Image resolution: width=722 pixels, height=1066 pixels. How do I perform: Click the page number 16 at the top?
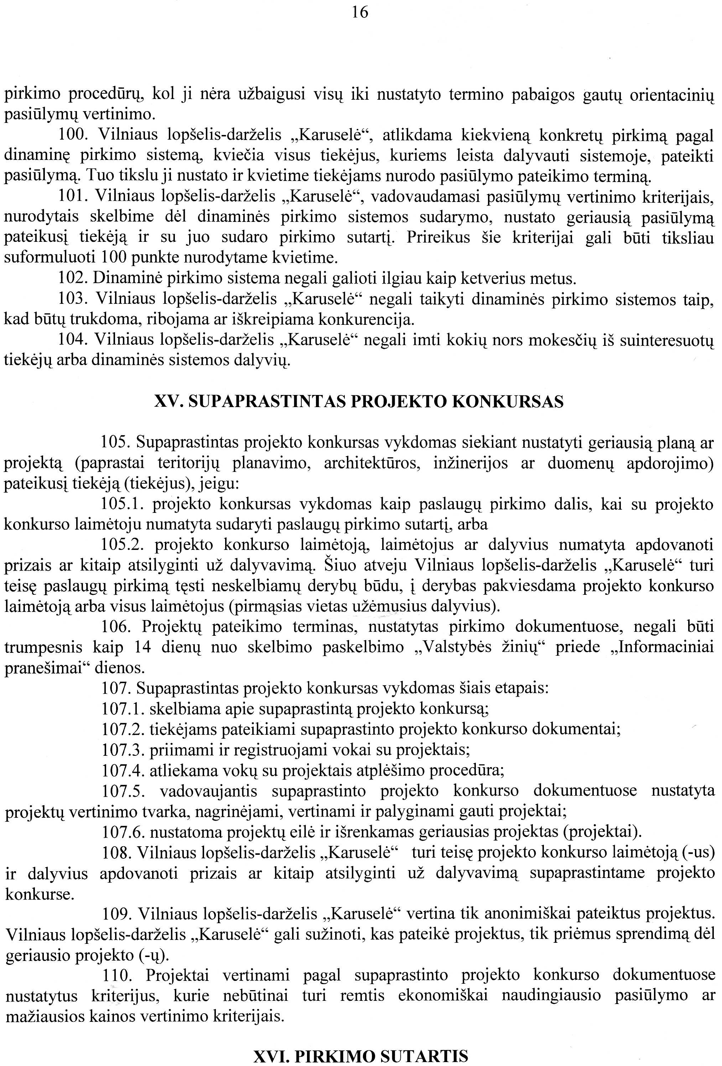click(x=360, y=12)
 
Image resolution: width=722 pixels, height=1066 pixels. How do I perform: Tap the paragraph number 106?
click(x=116, y=626)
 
